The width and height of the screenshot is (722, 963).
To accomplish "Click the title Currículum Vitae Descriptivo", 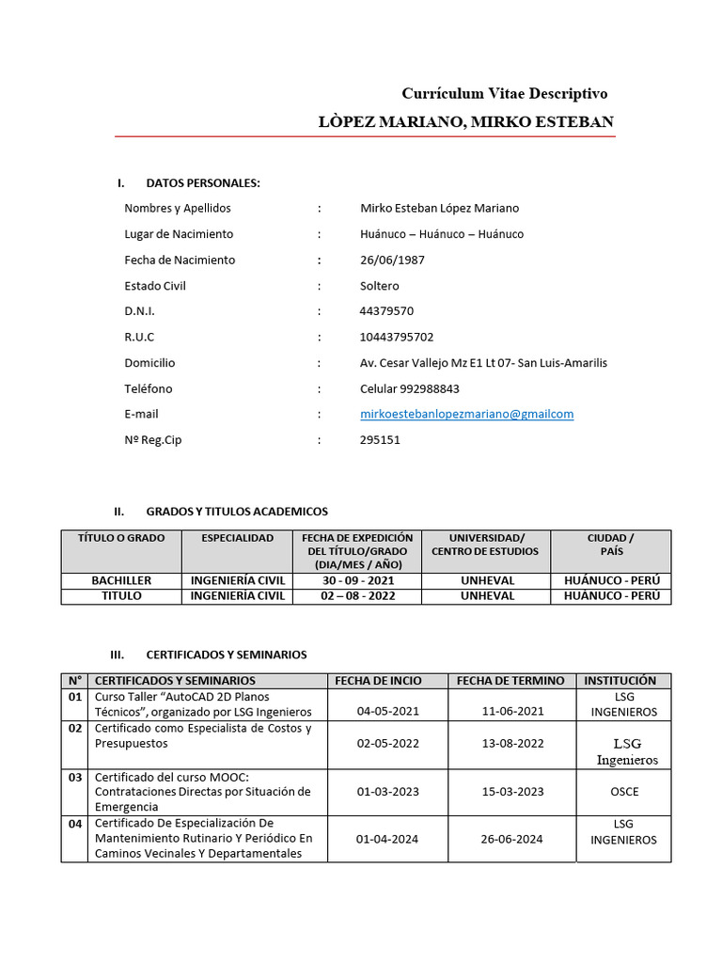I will point(505,93).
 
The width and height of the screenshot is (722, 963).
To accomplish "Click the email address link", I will point(466,414).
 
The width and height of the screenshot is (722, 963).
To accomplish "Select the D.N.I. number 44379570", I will point(386,311).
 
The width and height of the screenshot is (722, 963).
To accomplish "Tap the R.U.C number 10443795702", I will point(397,337).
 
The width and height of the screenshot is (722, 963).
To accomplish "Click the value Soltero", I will point(380,286).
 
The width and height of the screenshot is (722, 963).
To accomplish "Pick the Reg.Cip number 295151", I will point(380,439).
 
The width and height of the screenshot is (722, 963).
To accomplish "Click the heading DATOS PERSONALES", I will point(203,182).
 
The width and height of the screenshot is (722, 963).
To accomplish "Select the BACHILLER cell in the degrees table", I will point(121,581).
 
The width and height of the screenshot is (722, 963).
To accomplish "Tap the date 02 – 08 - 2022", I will point(358,596).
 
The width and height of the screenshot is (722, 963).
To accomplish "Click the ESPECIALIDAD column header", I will point(238,538).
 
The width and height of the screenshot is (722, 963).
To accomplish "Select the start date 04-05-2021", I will point(388,712).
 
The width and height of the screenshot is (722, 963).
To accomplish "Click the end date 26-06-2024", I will point(512,839).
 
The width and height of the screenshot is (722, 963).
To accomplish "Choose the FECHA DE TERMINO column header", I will point(510,681).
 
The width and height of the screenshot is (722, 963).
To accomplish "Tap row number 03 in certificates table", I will point(75,777).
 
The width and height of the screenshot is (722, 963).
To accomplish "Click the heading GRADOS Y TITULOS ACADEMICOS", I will point(237,512).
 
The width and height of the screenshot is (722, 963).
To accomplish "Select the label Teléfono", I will point(149,388).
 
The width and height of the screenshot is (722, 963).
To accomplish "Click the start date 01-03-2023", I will point(388,791).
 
